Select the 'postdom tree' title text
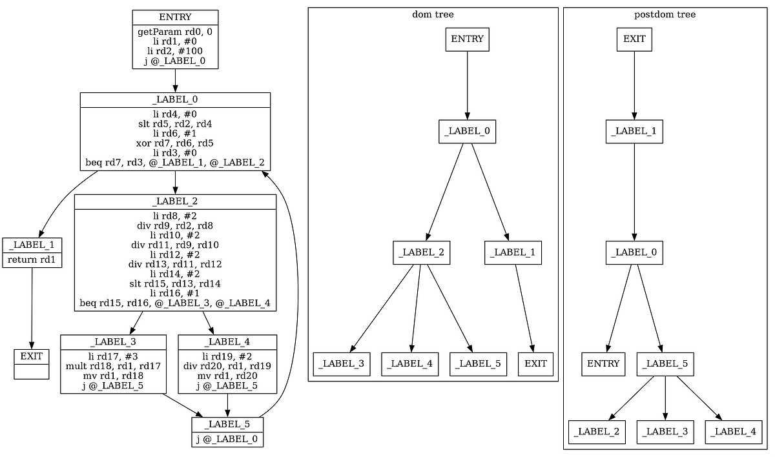[665, 14]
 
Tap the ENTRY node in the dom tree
[467, 39]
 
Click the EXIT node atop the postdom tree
[634, 39]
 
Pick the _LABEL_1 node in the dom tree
[513, 252]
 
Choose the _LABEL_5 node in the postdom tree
[665, 364]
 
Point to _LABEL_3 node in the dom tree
[342, 364]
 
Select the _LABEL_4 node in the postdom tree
[734, 431]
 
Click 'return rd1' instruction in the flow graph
[32, 260]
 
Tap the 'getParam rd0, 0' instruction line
[175, 31]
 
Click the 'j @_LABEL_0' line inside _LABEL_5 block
[227, 439]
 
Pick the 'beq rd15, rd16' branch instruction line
[175, 303]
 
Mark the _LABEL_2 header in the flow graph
[175, 201]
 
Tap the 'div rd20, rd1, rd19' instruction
[227, 367]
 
